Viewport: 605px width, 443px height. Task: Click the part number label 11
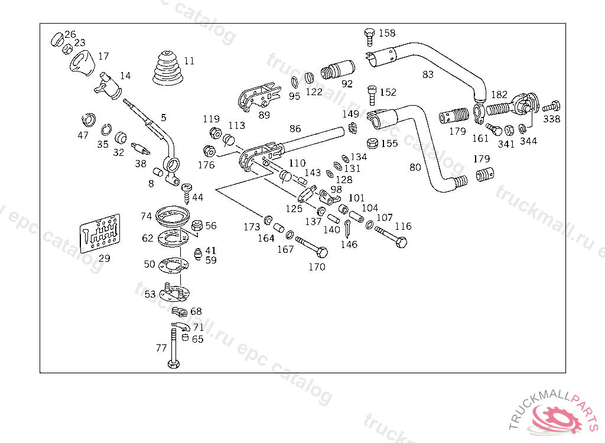(188, 61)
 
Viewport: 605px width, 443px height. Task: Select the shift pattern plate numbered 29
(100, 233)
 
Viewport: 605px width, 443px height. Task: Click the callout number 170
(317, 267)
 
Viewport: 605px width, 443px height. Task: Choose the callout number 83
(428, 74)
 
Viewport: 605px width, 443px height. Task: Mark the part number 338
(552, 119)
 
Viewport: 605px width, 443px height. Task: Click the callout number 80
(415, 167)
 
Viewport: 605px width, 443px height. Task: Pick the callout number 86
(295, 128)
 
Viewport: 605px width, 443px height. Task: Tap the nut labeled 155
(373, 143)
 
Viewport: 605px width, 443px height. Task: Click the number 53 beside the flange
(150, 294)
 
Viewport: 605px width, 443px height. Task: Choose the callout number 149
(350, 113)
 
